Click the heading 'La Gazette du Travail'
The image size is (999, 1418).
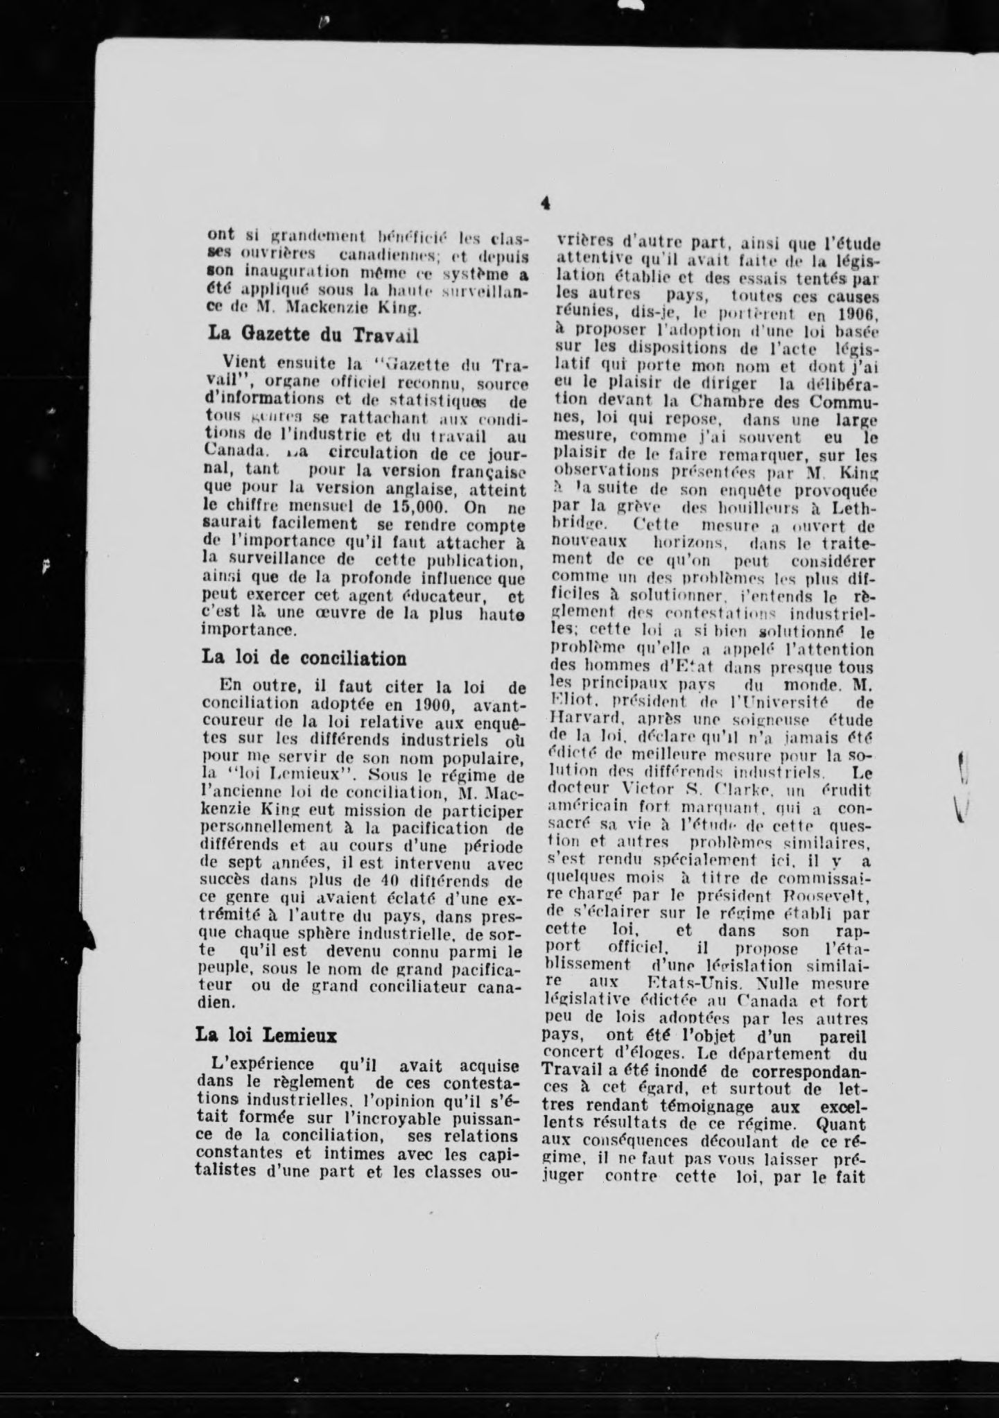coord(313,334)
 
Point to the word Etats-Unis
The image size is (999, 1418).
coord(685,984)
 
